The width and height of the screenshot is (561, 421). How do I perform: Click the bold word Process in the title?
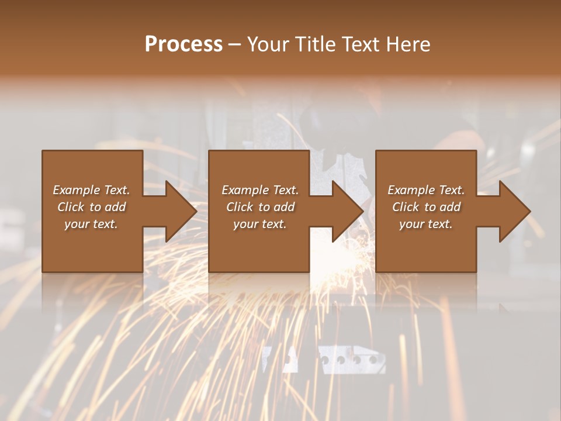[183, 44]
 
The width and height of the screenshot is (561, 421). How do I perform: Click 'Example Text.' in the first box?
[91, 190]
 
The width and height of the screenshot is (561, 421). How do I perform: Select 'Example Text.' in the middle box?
[259, 190]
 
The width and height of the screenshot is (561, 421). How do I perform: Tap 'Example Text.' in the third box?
[426, 190]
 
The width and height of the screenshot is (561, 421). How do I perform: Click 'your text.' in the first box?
[91, 224]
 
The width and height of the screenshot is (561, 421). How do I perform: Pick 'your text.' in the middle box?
[259, 224]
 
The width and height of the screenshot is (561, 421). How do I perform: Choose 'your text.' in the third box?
[426, 224]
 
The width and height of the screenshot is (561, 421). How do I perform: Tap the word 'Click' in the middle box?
[240, 207]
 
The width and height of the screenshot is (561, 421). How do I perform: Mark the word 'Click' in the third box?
[406, 207]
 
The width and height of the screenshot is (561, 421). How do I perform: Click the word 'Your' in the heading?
[266, 44]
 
